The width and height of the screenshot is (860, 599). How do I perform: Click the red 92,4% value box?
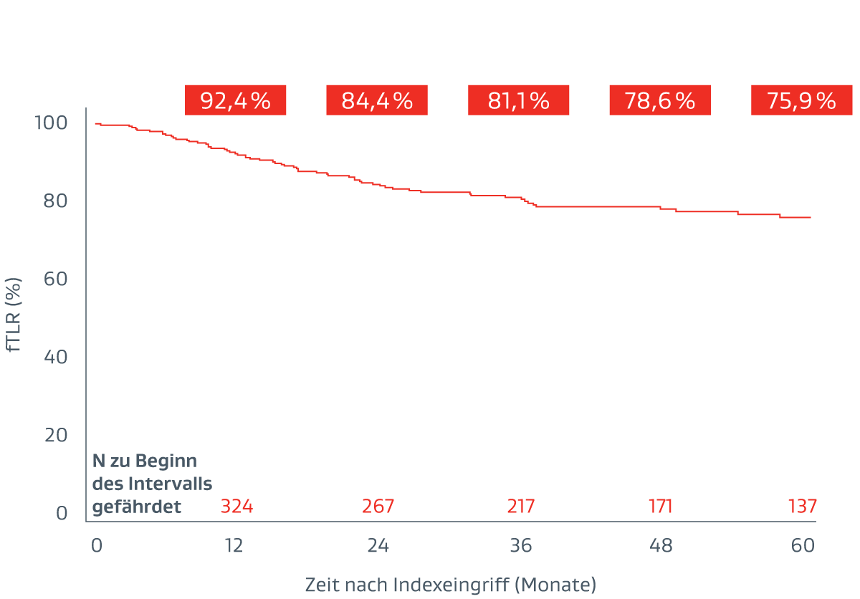(x=235, y=100)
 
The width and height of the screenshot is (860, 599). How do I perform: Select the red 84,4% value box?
(x=376, y=100)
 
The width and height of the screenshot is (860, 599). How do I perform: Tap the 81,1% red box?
(x=518, y=100)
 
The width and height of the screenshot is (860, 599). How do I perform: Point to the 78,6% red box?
(x=659, y=100)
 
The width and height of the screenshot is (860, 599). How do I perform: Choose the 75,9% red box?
(x=801, y=100)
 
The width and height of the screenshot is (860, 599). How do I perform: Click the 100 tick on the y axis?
(x=51, y=123)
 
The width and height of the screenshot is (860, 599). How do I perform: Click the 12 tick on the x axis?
(x=234, y=545)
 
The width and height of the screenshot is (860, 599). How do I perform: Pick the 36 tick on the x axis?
(x=521, y=545)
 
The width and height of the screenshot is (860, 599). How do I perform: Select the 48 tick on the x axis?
(x=661, y=545)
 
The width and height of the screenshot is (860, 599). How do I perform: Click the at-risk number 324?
(x=236, y=507)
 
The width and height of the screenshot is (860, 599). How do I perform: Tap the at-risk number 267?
(x=378, y=507)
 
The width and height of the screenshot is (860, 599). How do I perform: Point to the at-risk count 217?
(x=520, y=507)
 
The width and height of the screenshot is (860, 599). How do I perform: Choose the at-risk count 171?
(x=660, y=507)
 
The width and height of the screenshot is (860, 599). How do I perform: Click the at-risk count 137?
(x=802, y=507)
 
